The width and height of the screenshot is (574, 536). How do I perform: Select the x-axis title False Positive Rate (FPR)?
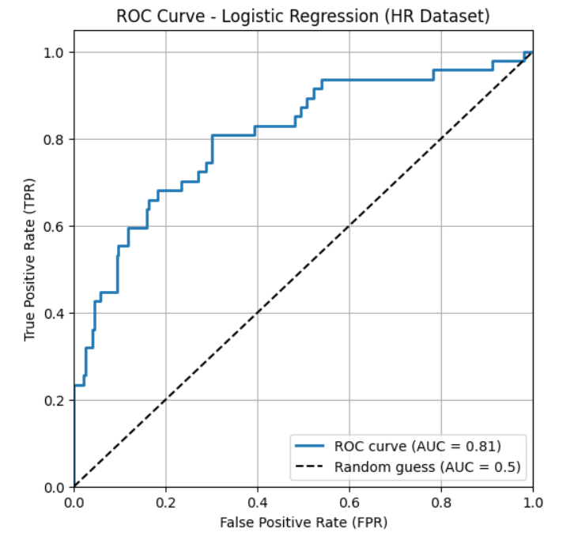[303, 523]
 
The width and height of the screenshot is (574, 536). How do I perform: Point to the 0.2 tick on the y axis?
[57, 400]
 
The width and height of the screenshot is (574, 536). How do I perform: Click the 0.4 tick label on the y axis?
[57, 313]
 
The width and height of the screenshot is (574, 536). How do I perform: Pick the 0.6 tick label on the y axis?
[57, 226]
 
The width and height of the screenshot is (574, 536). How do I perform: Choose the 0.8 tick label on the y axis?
[57, 139]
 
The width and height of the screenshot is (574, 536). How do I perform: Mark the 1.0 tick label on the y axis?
[57, 52]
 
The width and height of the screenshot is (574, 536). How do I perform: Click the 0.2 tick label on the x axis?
[166, 501]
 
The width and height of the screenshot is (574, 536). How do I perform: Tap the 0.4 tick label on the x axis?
[258, 501]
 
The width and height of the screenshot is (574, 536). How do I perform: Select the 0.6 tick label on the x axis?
[349, 501]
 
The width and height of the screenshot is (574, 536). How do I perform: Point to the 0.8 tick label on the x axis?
[441, 501]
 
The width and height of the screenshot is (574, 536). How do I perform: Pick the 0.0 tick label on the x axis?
[74, 501]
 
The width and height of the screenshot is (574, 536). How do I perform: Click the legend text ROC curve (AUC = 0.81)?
[417, 445]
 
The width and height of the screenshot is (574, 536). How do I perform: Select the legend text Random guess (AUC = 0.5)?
[427, 466]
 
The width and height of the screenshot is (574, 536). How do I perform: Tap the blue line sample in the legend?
[310, 446]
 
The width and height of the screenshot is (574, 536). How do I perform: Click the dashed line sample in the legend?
[310, 466]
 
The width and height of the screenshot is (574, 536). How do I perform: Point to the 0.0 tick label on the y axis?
[57, 487]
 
